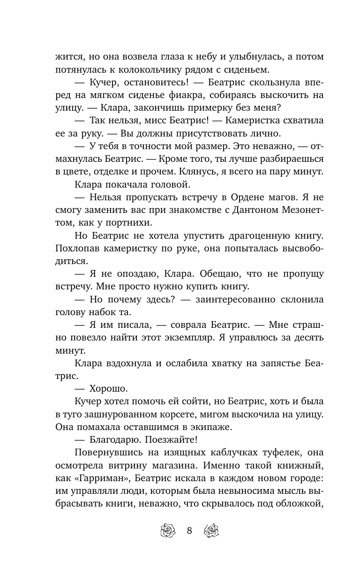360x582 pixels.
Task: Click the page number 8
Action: point(189,531)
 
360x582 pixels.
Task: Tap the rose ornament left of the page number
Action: point(167,531)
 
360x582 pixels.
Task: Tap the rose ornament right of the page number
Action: point(212,531)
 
